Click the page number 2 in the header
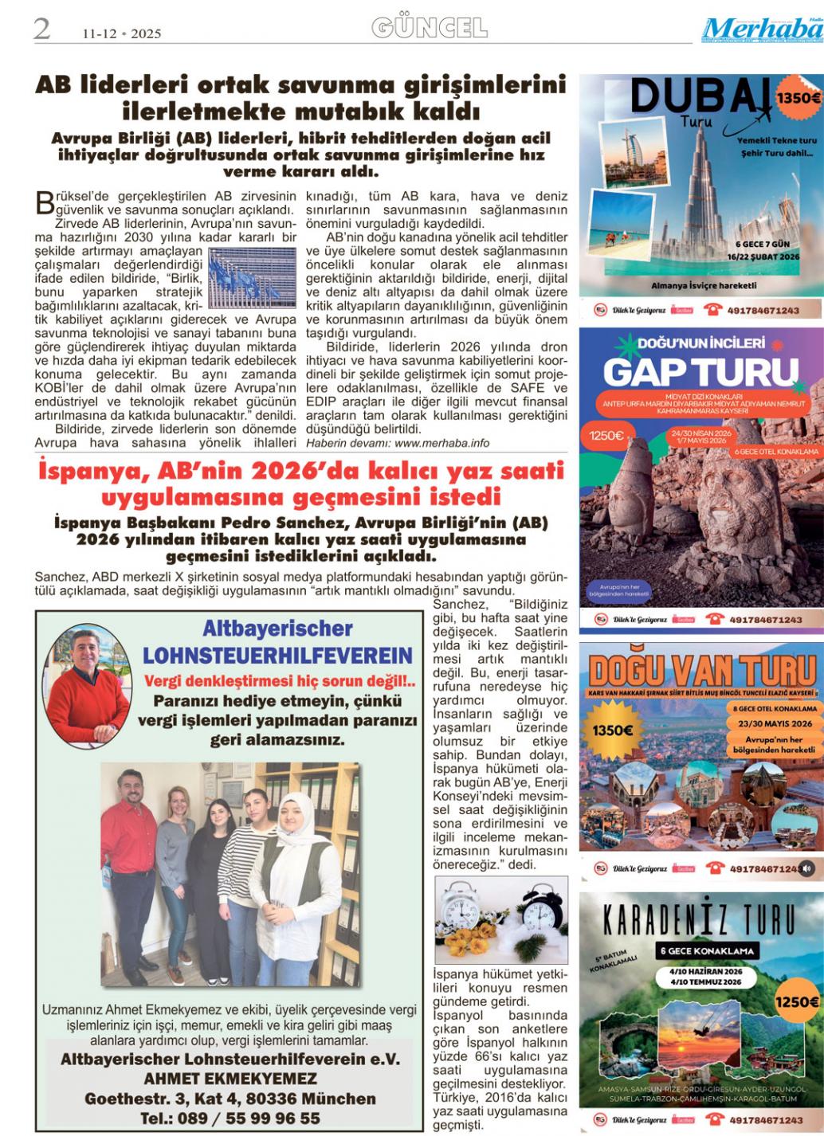41,29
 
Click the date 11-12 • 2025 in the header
122,33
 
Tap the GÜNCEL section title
430,29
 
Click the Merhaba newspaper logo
761,30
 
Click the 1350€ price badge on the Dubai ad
798,99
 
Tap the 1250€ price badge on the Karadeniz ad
797,1001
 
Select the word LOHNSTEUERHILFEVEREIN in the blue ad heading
277,656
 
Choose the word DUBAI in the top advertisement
700,98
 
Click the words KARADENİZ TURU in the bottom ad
699,922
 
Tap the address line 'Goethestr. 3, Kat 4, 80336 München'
230,1099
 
